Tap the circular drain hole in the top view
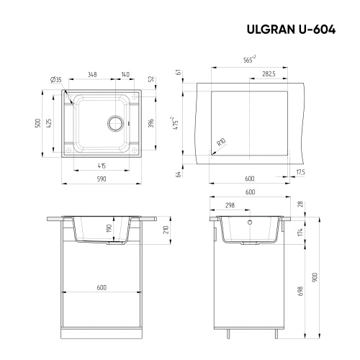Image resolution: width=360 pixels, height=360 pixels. [x=116, y=121]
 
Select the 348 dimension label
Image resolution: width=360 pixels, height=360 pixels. [x=93, y=74]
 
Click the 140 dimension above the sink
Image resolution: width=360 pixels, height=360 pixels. [x=125, y=74]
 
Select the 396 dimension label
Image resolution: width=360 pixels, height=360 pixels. [x=151, y=122]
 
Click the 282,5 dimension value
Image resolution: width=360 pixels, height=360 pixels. [x=271, y=74]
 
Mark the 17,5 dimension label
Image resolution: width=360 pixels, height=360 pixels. [x=300, y=172]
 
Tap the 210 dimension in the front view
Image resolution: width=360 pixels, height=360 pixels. [x=166, y=230]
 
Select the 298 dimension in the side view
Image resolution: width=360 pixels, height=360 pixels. [x=230, y=204]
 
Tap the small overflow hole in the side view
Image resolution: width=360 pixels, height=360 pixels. [x=251, y=223]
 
